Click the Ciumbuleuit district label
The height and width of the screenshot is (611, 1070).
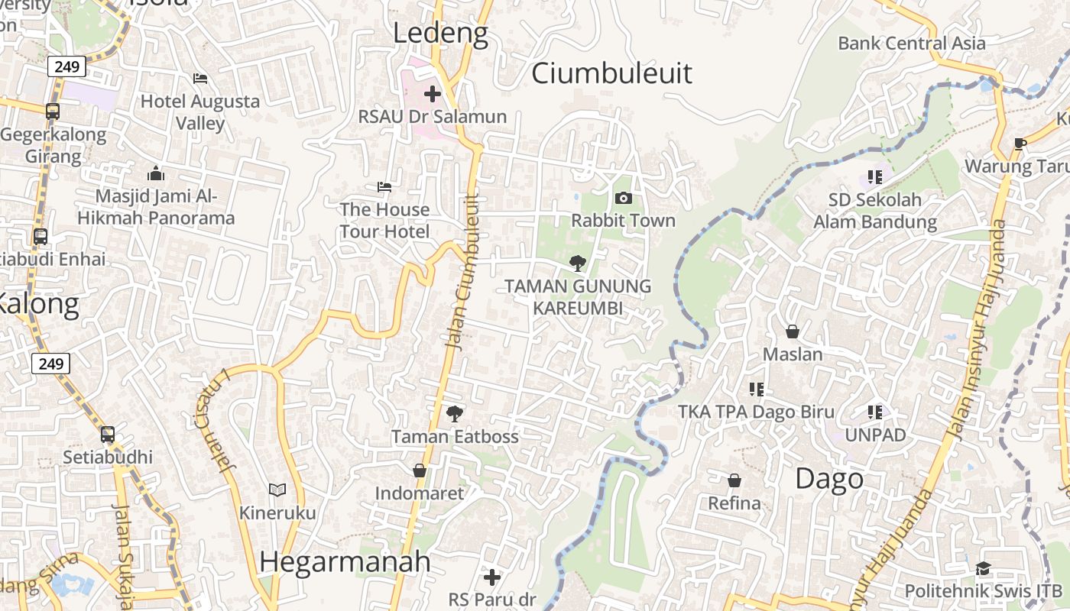611,73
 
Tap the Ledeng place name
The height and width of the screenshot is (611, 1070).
440,34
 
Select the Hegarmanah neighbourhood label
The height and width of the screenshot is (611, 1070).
345,562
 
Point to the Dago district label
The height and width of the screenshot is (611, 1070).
829,479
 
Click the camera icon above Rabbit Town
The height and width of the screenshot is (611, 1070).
624,199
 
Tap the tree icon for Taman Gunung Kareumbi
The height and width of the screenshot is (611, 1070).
578,263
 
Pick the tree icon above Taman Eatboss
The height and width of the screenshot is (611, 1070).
455,414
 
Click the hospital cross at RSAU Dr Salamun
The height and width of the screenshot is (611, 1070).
433,94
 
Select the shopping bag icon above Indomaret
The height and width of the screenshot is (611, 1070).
419,470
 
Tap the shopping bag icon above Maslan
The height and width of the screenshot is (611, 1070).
793,331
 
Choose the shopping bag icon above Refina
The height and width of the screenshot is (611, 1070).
734,480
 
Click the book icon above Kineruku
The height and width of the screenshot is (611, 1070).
277,490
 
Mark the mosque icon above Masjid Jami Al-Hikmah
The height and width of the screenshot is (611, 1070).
156,173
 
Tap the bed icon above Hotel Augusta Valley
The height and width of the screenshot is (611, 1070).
200,79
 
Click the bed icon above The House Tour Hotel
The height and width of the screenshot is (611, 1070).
384,187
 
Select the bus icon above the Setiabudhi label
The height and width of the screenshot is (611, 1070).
108,435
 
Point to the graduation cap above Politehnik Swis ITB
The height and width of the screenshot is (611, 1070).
983,568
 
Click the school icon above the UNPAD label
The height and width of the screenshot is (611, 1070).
875,412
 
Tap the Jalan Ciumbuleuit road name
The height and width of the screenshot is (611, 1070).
465,273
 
